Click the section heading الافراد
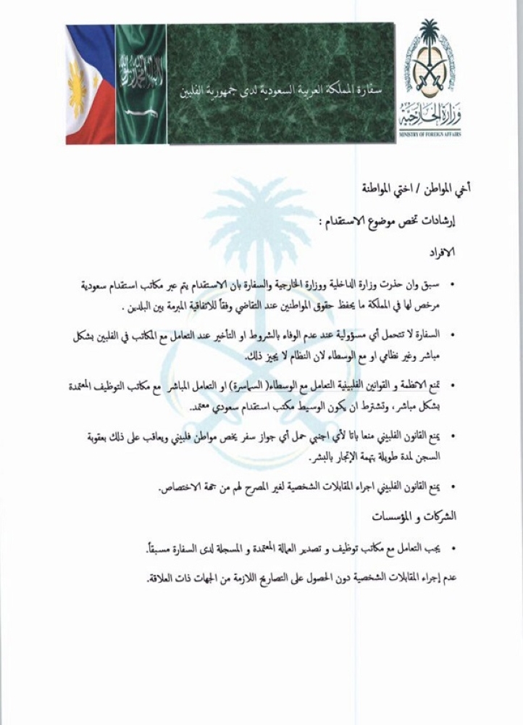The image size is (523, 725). click(439, 252)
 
